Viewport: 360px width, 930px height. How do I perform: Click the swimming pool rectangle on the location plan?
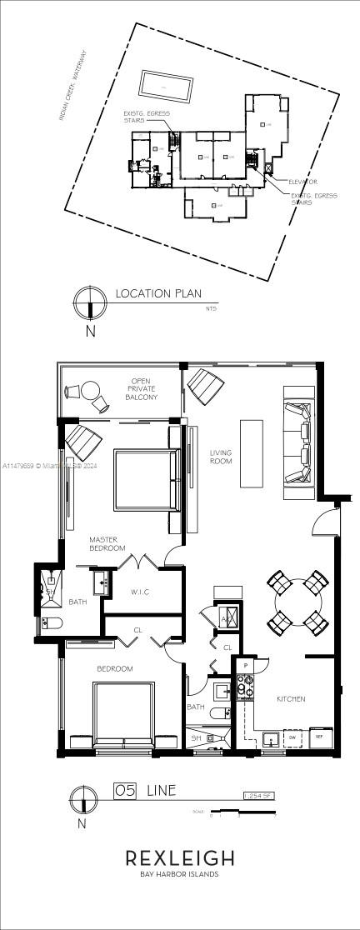tap(164, 84)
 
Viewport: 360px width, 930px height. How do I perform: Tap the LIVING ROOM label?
tap(221, 457)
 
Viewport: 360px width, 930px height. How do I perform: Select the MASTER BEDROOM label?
tap(107, 544)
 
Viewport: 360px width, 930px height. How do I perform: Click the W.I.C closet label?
tap(138, 593)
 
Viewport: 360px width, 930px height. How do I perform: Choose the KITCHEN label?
tap(291, 698)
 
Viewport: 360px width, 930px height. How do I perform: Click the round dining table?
tap(297, 602)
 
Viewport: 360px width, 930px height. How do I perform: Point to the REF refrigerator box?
tap(317, 737)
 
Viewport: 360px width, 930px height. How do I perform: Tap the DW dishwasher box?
tap(292, 737)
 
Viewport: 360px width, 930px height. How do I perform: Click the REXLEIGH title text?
tap(179, 858)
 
